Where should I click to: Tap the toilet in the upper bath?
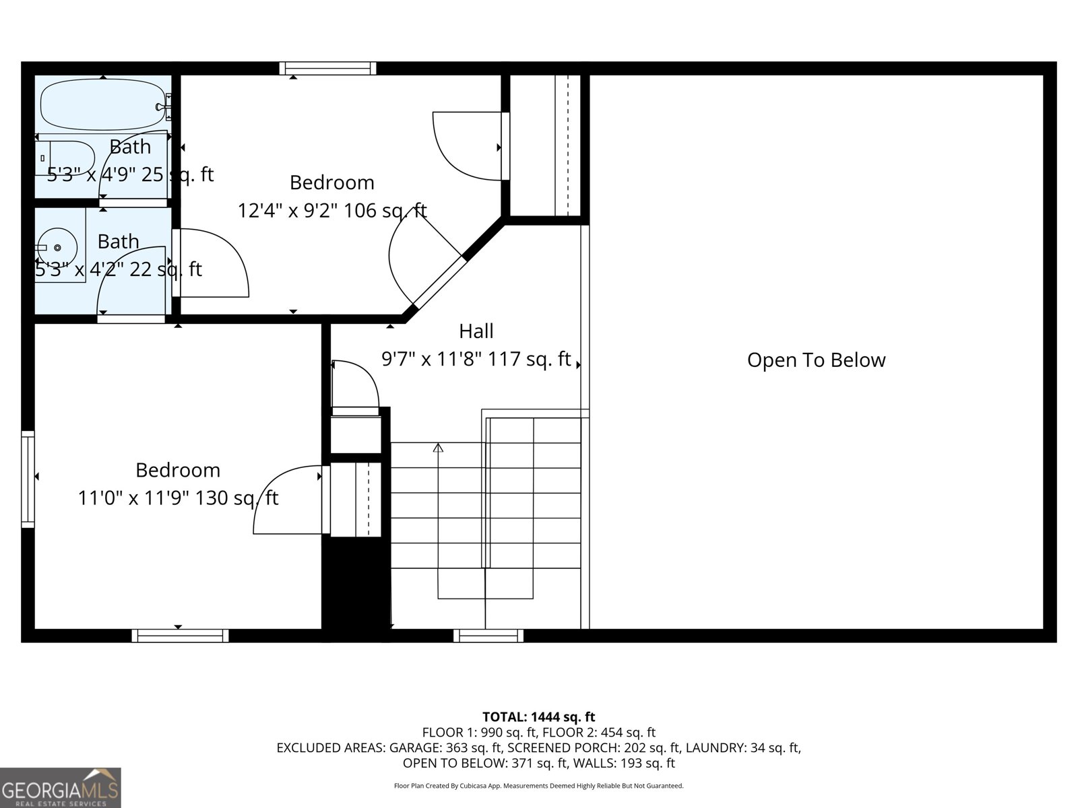(x=65, y=158)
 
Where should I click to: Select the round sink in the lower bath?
(x=58, y=247)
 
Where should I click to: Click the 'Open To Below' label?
(x=816, y=360)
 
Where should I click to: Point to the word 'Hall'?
(x=476, y=331)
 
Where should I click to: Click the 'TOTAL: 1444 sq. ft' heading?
(x=538, y=717)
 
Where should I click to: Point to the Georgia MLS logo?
(x=60, y=788)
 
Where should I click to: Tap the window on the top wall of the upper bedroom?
(x=327, y=68)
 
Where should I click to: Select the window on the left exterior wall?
(x=28, y=479)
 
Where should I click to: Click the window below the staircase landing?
(x=488, y=636)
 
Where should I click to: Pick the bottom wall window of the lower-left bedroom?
(x=180, y=636)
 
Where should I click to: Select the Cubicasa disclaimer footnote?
(x=538, y=786)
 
